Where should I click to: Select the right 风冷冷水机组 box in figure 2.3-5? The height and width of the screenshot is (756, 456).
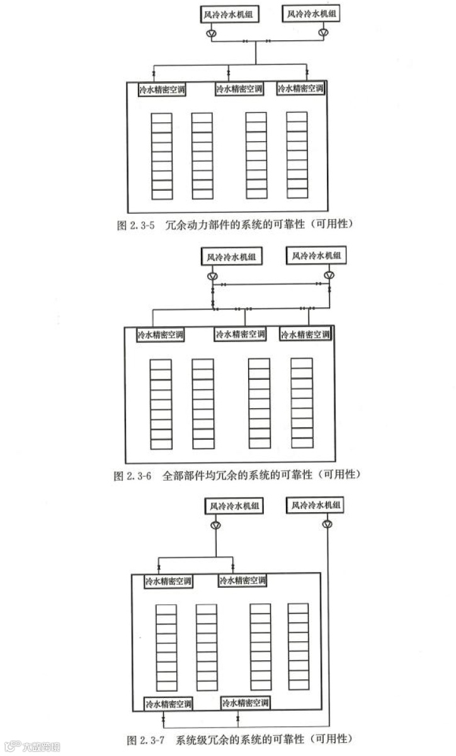311,13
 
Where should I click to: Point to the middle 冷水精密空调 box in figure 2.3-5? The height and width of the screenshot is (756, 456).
240,89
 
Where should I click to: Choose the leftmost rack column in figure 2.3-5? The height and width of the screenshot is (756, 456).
162,156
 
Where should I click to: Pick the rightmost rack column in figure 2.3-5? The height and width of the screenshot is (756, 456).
297,156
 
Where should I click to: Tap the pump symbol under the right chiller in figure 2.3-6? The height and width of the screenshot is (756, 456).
329,275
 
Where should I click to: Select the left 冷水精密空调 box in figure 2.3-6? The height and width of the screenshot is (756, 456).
161,335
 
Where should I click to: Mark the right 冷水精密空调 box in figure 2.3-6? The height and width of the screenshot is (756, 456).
305,335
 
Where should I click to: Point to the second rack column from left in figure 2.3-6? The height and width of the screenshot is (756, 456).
203,403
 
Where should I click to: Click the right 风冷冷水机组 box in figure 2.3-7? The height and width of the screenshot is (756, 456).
314,505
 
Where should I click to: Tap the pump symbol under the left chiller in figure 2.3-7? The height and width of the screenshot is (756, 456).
215,525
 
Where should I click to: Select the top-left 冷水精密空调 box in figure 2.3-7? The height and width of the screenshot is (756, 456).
169,580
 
